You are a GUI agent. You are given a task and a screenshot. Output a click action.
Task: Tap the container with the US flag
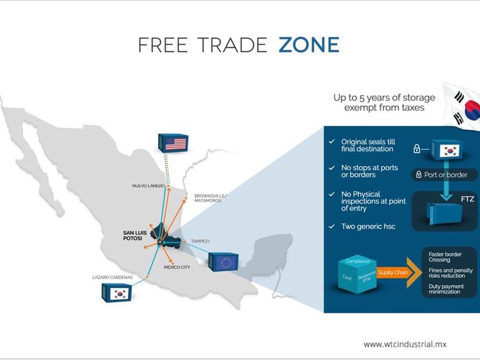tap(173, 142)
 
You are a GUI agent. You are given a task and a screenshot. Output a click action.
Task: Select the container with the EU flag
tap(223, 262)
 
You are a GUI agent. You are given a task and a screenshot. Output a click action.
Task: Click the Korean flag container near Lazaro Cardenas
tap(117, 293)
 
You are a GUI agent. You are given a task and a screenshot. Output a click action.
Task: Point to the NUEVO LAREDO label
tap(148, 186)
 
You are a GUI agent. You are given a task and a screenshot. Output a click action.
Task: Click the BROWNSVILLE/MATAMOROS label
tap(210, 198)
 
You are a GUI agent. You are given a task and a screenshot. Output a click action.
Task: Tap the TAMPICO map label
tap(200, 241)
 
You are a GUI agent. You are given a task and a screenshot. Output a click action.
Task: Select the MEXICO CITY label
tap(177, 267)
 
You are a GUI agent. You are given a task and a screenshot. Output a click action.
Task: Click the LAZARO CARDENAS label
tap(112, 277)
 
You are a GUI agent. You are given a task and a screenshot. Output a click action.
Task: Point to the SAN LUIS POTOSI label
tap(137, 236)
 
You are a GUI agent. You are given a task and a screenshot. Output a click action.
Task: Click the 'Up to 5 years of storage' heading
tap(384, 97)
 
